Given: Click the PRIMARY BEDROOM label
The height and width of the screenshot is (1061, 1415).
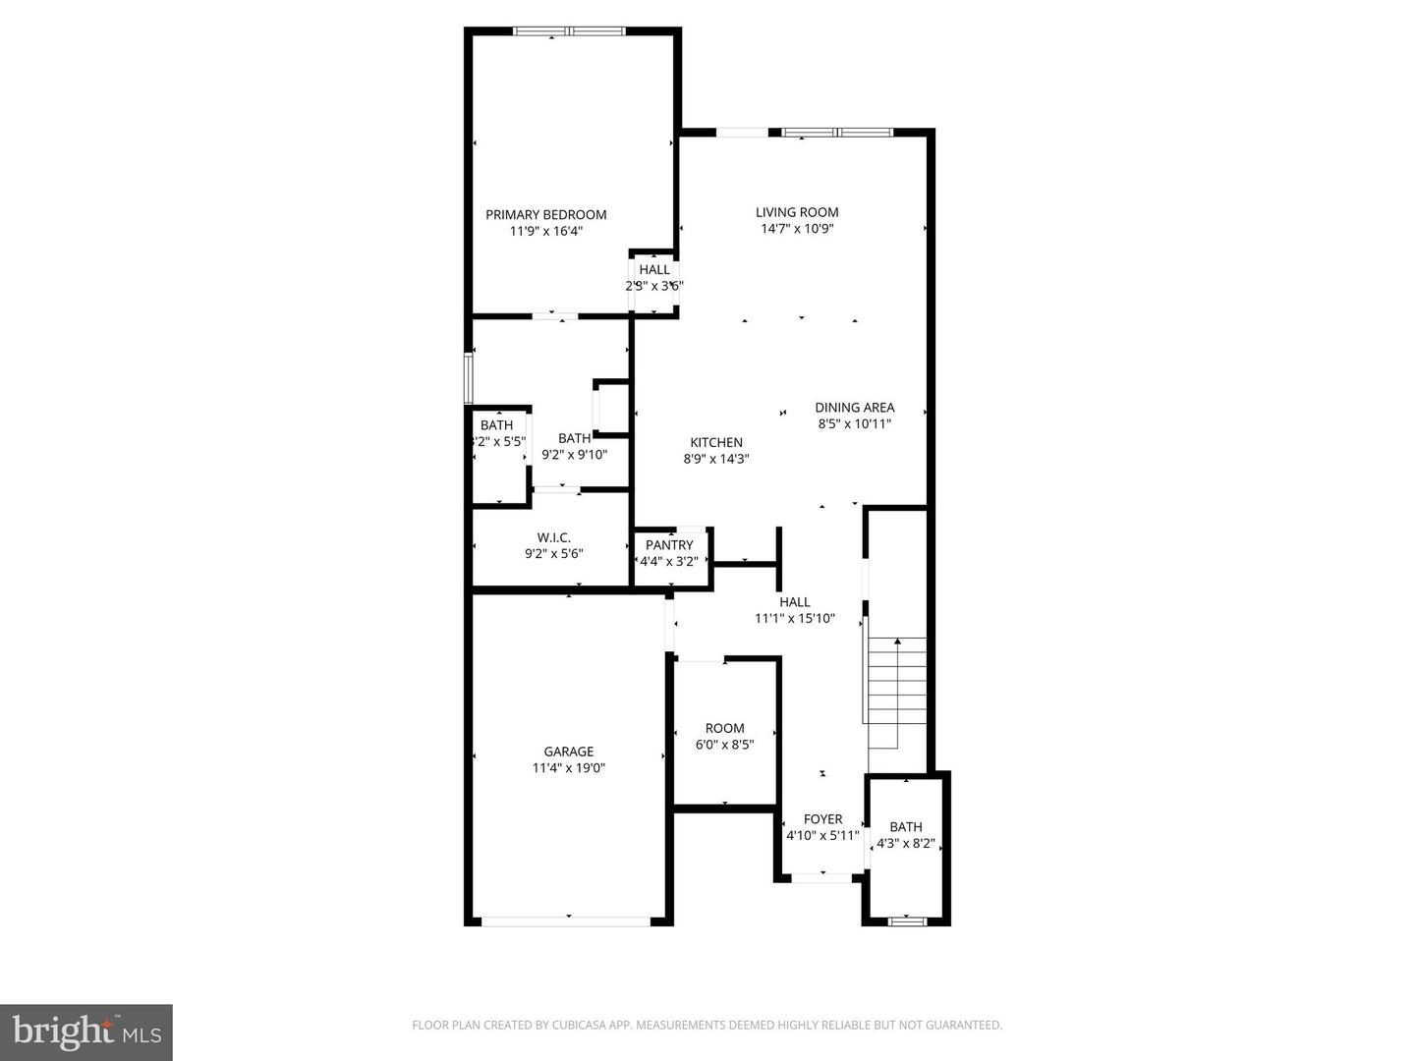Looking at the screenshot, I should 545,215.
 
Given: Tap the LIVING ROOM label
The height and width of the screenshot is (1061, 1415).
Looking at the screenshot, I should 797,212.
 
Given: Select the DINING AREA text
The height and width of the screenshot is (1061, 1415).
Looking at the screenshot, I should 854,408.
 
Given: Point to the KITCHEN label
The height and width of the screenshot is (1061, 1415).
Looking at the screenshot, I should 716,442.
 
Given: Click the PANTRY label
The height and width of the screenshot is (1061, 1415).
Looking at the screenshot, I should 669,545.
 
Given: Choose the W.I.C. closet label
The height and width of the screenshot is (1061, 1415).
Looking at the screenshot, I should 553,537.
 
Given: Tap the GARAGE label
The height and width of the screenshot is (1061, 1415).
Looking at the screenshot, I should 569,752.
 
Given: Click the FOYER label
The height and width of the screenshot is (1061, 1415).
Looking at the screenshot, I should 822,819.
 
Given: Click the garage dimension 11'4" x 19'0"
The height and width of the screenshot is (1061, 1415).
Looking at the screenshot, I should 569,768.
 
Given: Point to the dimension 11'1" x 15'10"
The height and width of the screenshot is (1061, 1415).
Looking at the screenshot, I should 795,618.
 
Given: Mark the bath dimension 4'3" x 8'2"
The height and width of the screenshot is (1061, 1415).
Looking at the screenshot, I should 906,843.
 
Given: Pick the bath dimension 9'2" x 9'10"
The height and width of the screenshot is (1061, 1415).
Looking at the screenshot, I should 575,455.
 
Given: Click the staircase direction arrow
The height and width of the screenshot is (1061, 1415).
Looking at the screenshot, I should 896,642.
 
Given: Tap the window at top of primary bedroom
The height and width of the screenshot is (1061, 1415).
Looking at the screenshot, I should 570,31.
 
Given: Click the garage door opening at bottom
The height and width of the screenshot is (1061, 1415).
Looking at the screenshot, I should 566,921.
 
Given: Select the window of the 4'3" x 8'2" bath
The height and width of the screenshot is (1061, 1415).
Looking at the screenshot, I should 906,921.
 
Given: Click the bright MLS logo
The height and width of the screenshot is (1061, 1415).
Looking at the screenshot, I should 85,1032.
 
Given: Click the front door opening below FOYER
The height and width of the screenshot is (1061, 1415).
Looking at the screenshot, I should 821,877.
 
